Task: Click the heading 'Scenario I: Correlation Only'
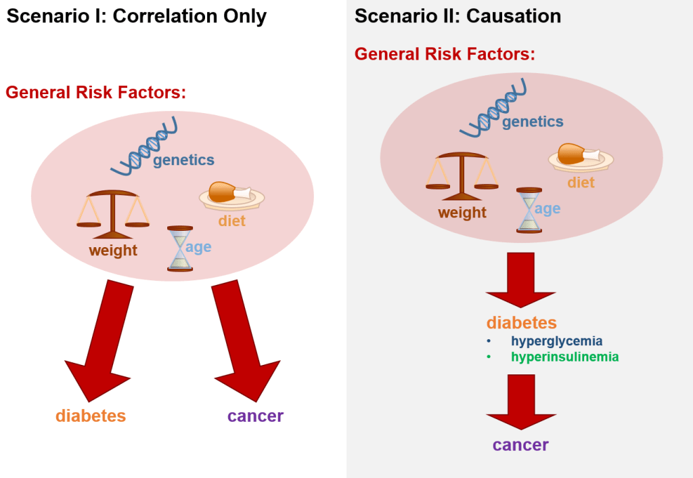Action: click(x=137, y=17)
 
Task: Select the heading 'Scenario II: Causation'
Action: click(x=458, y=16)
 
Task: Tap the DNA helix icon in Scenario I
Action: click(x=144, y=147)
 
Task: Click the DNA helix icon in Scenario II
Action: click(x=493, y=108)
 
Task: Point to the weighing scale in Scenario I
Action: click(x=113, y=215)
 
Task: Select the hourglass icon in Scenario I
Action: click(x=180, y=248)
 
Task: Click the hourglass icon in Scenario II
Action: click(x=529, y=211)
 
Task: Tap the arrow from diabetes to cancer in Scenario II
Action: click(x=521, y=402)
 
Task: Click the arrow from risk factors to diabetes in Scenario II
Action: click(x=520, y=280)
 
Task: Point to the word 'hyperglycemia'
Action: click(x=556, y=341)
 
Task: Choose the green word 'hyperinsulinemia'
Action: click(x=565, y=357)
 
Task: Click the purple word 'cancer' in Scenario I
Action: click(x=255, y=416)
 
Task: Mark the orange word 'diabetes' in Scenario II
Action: click(x=522, y=323)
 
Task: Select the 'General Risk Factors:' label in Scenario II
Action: click(x=445, y=54)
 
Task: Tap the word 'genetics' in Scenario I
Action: click(x=183, y=160)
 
